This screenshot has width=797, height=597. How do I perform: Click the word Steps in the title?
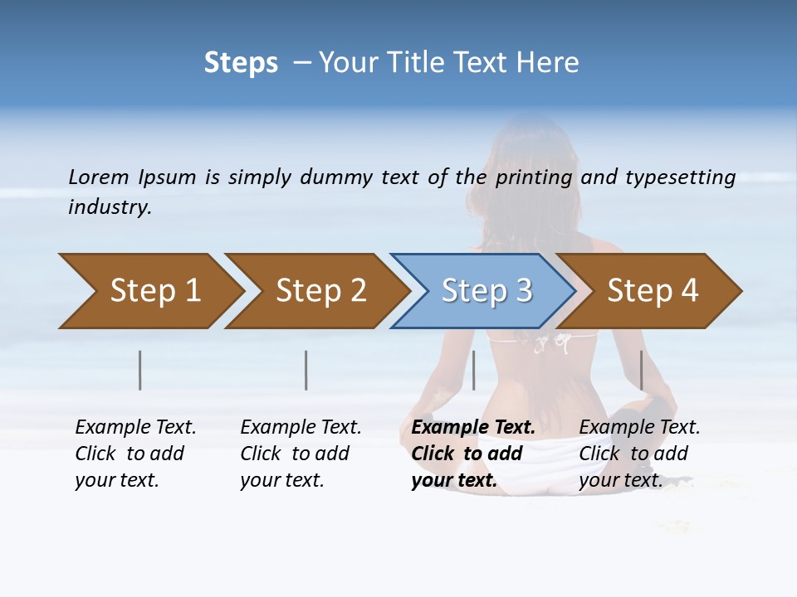pos(241,63)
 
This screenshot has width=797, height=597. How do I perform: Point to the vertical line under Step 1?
pos(140,370)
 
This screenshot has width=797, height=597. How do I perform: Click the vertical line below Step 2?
pos(306,370)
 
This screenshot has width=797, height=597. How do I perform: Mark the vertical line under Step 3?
pos(473,370)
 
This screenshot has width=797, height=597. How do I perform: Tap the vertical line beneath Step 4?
pos(642,370)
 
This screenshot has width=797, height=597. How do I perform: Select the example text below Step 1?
pos(134,454)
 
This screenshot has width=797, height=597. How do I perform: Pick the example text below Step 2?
pos(300,454)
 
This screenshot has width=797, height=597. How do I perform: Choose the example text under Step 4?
pos(638,454)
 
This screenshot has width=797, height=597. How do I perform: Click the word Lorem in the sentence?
pos(99,177)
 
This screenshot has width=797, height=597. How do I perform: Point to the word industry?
pos(110,206)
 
